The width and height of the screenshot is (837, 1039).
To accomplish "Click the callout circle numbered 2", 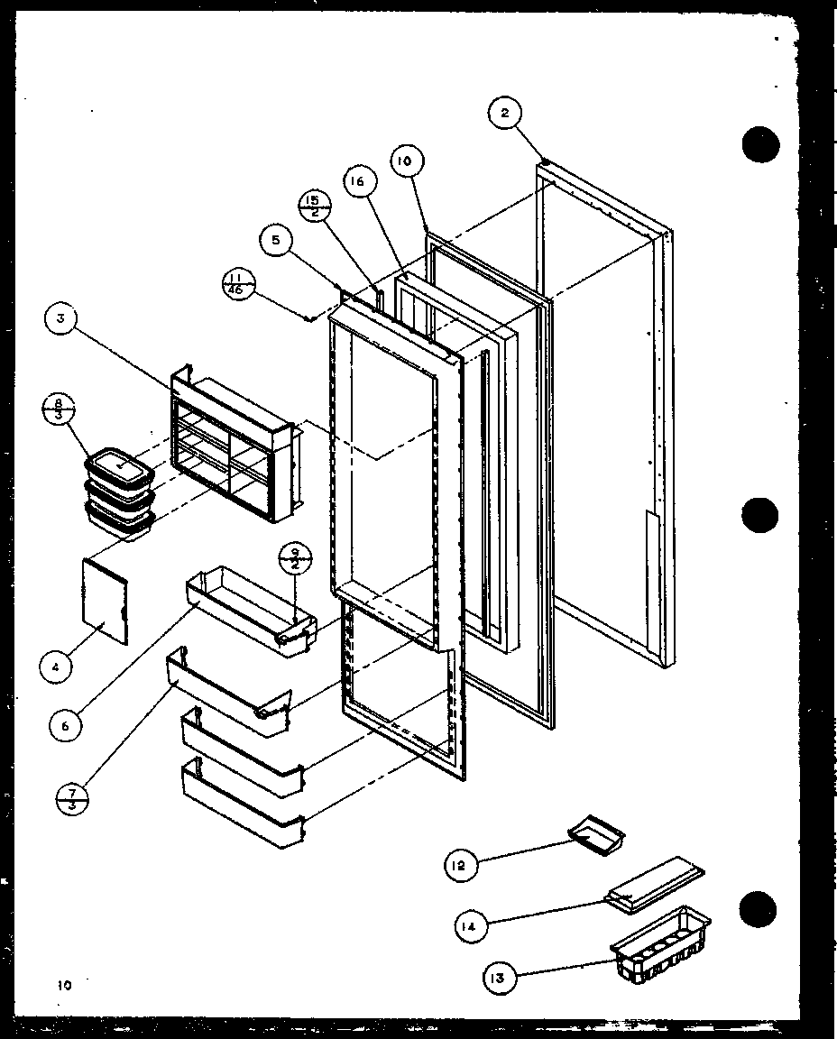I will tap(504, 114).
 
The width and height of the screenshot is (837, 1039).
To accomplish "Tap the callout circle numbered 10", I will tap(404, 161).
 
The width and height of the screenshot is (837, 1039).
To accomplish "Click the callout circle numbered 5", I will tap(275, 239).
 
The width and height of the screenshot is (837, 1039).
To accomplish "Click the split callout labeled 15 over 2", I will tap(311, 206).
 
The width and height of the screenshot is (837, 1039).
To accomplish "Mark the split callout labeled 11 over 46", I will tap(237, 283).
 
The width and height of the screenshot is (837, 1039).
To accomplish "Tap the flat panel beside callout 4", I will tap(107, 600).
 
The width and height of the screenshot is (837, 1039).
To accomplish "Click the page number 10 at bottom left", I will tap(62, 986).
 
